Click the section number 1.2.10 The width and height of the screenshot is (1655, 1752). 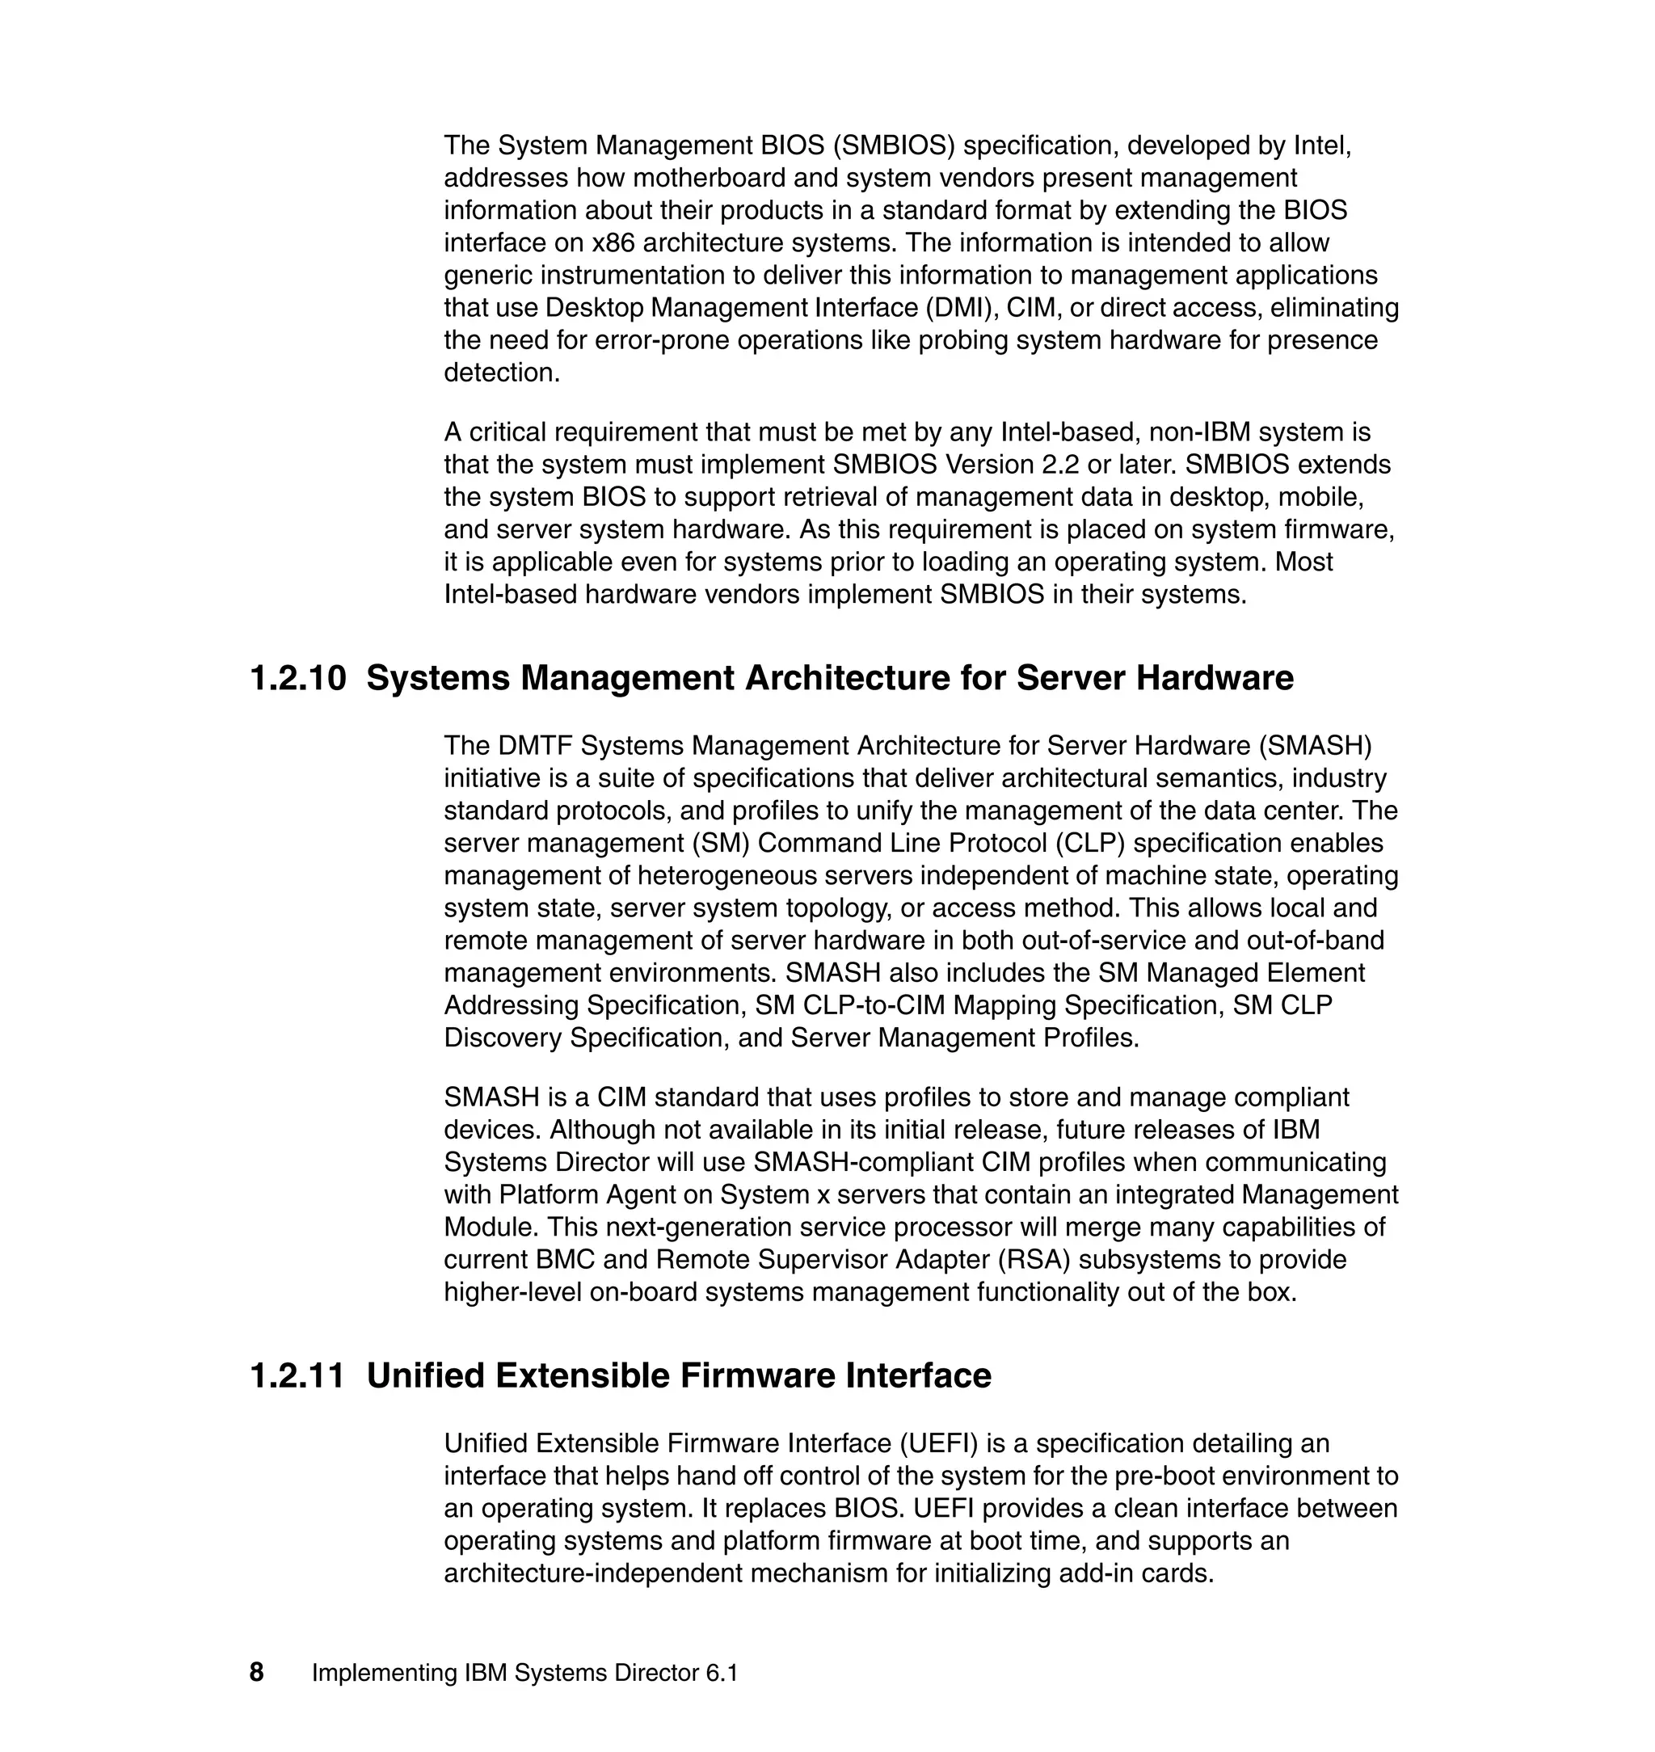click(298, 678)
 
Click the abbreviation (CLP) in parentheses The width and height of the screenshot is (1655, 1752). click(1089, 844)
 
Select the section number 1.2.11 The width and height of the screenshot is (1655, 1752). click(298, 1376)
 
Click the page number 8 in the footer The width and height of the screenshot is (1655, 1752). click(257, 1673)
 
